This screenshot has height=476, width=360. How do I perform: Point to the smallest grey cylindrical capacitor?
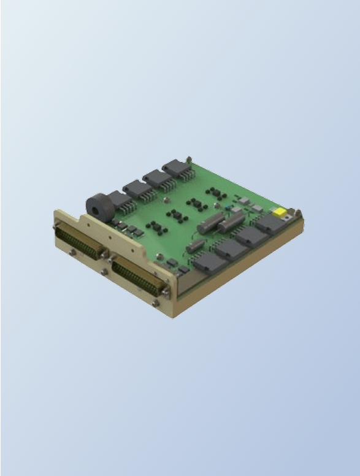tap(195, 245)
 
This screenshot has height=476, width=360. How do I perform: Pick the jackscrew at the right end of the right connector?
tap(165, 291)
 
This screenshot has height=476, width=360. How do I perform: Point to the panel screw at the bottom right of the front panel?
tap(156, 302)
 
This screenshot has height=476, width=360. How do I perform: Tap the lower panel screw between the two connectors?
tap(104, 271)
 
